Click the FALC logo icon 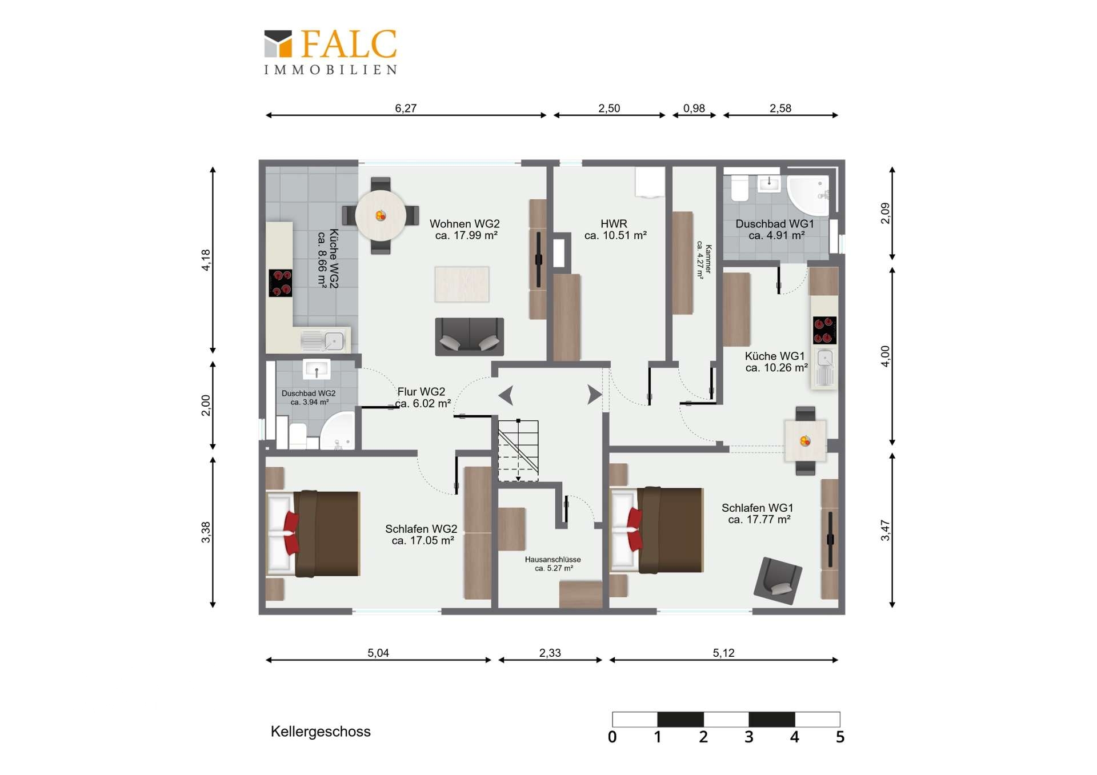click(x=278, y=44)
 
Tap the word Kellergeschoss click(x=321, y=732)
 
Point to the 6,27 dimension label click(x=406, y=108)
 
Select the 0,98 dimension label click(x=694, y=108)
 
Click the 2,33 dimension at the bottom click(x=550, y=653)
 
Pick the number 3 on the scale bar click(x=748, y=737)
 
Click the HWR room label click(x=614, y=224)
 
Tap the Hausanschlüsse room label click(x=553, y=560)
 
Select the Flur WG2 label click(x=421, y=392)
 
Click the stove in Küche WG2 click(x=281, y=283)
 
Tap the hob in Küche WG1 click(x=824, y=331)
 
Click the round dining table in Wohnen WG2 click(x=381, y=216)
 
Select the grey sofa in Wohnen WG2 click(x=470, y=337)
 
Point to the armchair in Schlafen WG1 click(x=778, y=580)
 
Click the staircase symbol click(x=518, y=450)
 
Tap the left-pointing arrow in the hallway click(x=506, y=395)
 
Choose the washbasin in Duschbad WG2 click(x=316, y=369)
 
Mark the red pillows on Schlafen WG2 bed click(x=291, y=532)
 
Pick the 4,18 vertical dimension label click(x=206, y=260)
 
